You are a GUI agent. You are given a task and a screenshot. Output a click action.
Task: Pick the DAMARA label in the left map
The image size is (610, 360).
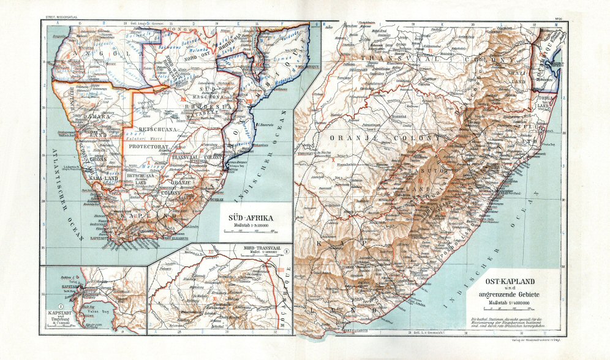coord(80,116)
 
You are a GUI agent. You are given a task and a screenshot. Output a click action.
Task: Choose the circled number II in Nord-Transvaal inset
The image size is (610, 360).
coord(290,249)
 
